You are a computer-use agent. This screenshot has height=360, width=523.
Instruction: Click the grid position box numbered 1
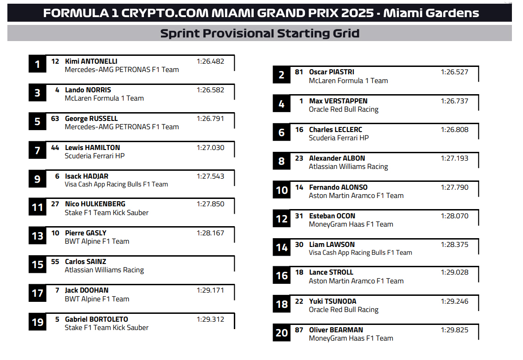click(37, 64)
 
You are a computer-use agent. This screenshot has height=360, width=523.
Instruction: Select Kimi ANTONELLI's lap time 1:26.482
click(210, 61)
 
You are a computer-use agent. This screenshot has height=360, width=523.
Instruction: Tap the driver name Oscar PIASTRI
click(332, 72)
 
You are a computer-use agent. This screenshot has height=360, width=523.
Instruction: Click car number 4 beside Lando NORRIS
click(57, 90)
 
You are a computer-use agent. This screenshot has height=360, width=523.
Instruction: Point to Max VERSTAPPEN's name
click(338, 101)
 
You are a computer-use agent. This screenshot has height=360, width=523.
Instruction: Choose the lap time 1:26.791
click(210, 119)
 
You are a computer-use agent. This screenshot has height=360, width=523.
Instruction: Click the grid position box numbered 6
click(281, 132)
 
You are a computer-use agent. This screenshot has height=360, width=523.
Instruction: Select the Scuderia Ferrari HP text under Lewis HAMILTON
click(95, 156)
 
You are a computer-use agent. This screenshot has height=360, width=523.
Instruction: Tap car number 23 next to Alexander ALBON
click(299, 158)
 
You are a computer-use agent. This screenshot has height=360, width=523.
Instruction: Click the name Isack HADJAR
click(87, 176)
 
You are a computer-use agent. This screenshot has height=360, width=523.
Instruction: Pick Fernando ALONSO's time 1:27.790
click(455, 187)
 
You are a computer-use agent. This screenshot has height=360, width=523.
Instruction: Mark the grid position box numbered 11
click(37, 207)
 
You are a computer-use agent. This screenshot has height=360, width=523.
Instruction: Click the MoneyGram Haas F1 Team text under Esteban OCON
click(351, 224)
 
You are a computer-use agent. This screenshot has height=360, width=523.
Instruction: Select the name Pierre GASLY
click(86, 233)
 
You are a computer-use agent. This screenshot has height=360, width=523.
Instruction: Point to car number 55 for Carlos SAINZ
click(55, 262)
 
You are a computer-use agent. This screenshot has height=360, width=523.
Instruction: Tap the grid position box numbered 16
click(281, 275)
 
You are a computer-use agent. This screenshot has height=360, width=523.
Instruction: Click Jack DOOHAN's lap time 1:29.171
click(210, 291)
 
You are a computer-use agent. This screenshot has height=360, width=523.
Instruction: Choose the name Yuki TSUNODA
click(333, 301)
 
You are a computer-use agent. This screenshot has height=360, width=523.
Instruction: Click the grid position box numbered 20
click(281, 333)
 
